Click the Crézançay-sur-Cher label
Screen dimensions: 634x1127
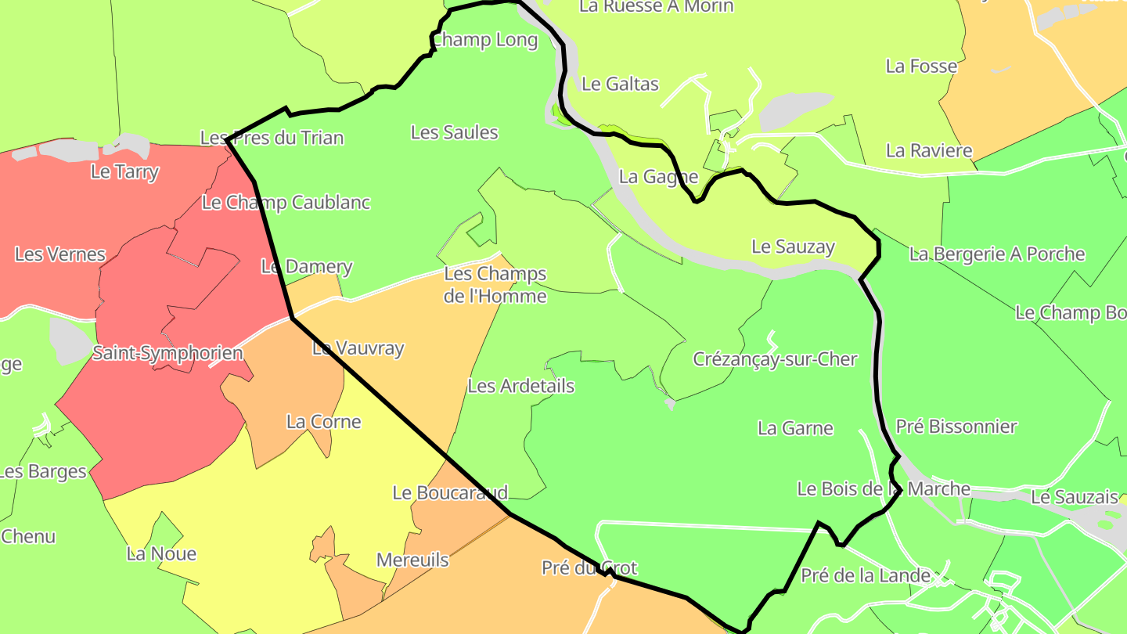[x=775, y=359]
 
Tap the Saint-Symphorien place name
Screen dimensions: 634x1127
[x=167, y=353]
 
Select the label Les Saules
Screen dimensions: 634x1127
[x=454, y=132]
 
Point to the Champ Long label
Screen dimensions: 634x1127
[x=485, y=40]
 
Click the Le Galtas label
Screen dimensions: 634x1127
[x=621, y=84]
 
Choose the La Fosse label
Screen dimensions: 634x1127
[x=921, y=66]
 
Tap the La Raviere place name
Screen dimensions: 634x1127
[x=929, y=150]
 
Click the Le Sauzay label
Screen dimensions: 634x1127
[x=793, y=247]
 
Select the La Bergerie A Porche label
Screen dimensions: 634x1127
[x=997, y=254]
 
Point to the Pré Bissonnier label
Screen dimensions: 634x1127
[x=956, y=427]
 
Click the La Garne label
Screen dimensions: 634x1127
[x=795, y=428]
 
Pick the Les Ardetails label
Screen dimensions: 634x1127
[x=520, y=386]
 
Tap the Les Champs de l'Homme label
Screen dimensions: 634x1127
[x=495, y=285]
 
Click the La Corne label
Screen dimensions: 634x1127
[x=323, y=422]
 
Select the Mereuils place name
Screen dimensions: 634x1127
[x=412, y=560]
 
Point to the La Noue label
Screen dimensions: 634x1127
[x=161, y=553]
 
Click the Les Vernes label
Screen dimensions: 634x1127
[x=60, y=254]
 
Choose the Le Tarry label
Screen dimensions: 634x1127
[x=124, y=171]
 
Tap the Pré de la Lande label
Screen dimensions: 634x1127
[x=866, y=576]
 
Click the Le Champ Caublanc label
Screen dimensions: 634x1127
[x=286, y=203]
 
